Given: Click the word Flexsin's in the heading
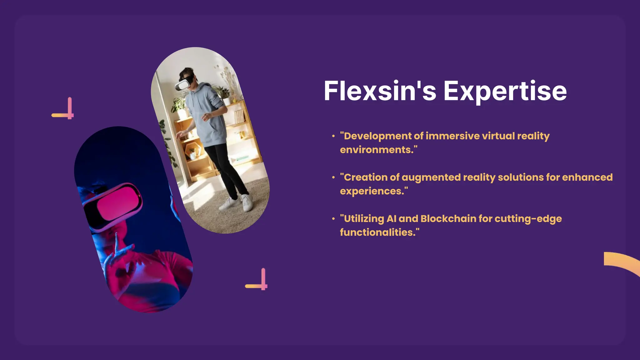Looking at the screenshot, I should [380, 91].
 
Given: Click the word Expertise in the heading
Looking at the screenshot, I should [505, 92].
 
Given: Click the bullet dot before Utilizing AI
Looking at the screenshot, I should [333, 219].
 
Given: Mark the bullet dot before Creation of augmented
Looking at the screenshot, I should [333, 177].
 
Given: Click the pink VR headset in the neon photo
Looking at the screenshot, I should [114, 205].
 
